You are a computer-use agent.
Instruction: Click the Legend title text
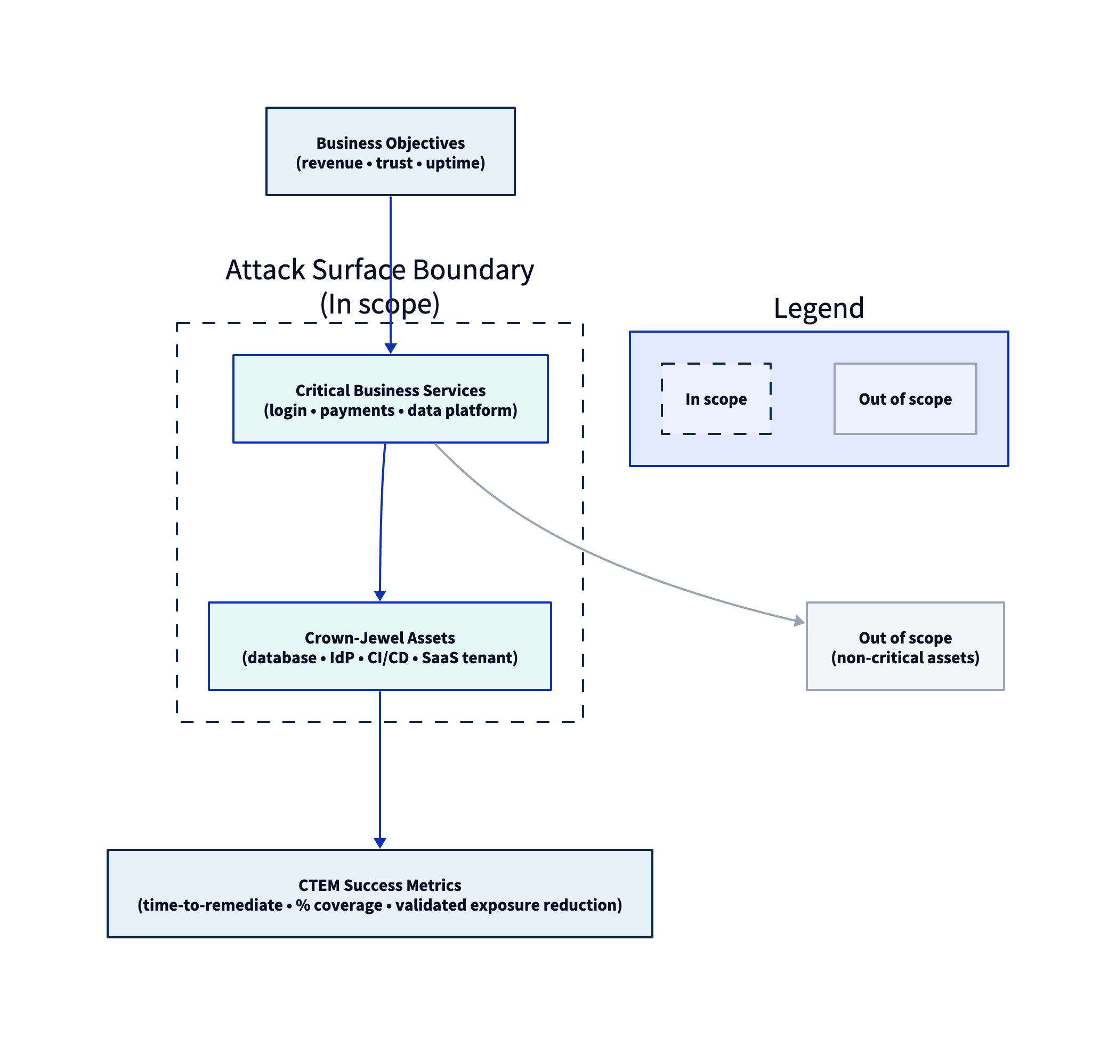819,308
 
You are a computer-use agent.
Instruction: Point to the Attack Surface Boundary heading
379,270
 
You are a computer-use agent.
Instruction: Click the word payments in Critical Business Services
357,411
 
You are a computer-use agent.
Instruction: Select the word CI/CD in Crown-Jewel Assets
388,657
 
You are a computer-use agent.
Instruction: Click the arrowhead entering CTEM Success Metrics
380,843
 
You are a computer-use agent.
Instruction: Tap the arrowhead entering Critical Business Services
391,348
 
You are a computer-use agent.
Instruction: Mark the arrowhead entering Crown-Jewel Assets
380,596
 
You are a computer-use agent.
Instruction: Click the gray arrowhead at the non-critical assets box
799,621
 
